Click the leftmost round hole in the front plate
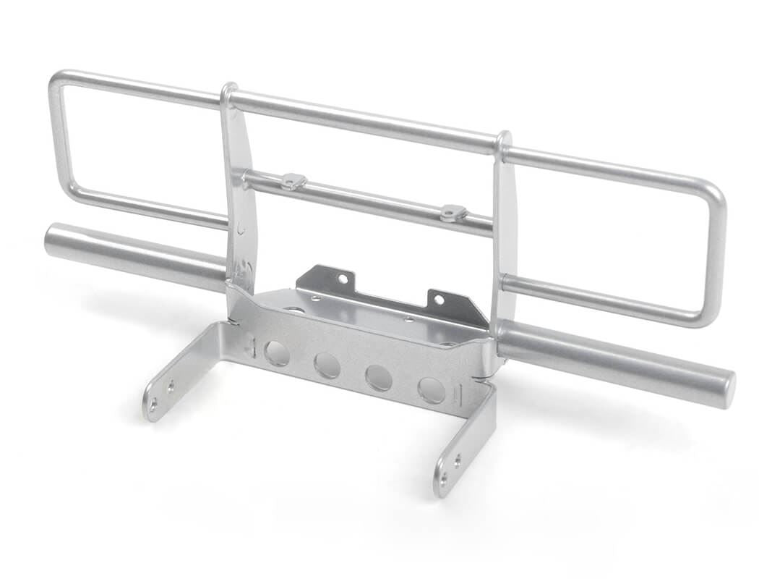(276, 352)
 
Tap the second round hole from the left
(327, 365)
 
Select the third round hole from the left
(379, 377)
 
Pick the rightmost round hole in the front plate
(432, 390)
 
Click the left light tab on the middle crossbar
(293, 181)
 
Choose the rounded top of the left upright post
(229, 91)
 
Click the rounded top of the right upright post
(503, 138)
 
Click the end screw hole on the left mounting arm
(153, 408)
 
